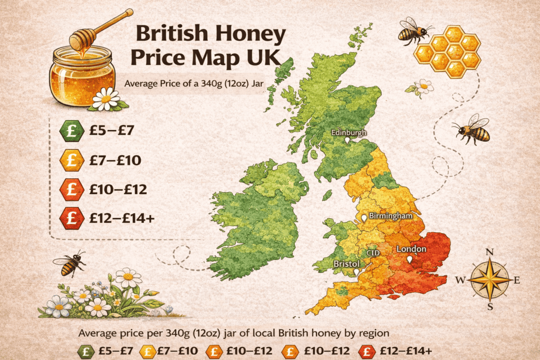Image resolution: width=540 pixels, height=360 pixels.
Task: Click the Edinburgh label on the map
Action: (x=348, y=133)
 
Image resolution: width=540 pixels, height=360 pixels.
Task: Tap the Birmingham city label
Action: (x=390, y=216)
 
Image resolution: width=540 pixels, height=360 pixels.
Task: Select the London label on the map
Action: (x=411, y=249)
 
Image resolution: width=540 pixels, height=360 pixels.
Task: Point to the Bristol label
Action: (x=346, y=264)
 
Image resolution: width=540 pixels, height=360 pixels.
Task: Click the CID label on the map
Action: (x=373, y=254)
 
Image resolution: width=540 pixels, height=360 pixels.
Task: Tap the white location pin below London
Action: (x=410, y=260)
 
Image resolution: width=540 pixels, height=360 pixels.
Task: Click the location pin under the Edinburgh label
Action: (x=347, y=141)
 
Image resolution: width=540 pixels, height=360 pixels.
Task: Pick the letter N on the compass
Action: (x=489, y=252)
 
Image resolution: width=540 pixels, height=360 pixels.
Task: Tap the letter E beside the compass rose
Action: (x=517, y=280)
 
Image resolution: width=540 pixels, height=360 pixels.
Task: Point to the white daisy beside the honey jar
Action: (x=107, y=99)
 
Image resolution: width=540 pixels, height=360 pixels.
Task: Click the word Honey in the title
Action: (x=254, y=35)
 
